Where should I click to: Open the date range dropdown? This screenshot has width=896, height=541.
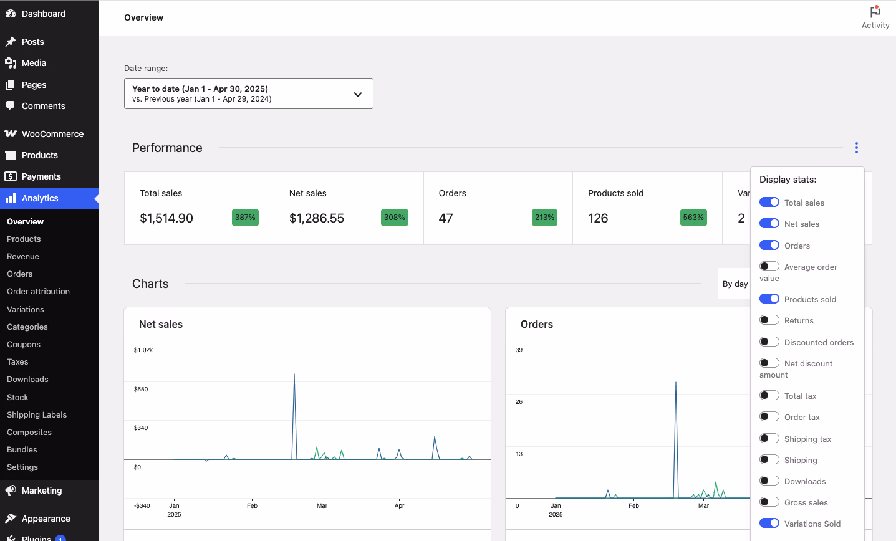pos(248,93)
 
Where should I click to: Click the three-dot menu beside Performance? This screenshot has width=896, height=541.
pos(856,148)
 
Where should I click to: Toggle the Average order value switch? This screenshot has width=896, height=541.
pos(769,267)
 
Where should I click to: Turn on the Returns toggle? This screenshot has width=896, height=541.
pos(769,320)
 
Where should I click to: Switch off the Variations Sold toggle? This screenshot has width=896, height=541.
pos(769,524)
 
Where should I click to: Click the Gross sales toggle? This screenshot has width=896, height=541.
pos(769,502)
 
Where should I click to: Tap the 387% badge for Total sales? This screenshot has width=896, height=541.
pos(245,218)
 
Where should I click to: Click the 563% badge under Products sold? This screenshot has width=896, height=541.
pos(693,218)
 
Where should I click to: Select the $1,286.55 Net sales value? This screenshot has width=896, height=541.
pos(317,218)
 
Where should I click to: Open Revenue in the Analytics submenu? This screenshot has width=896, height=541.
pos(23,256)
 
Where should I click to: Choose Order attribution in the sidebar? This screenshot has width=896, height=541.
pos(38,291)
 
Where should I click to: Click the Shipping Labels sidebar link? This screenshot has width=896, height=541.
pos(37,414)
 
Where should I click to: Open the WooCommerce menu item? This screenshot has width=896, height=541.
pos(52,134)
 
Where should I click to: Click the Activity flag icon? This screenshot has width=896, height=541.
pos(875,12)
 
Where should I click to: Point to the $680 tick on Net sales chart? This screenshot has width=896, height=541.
pos(141,390)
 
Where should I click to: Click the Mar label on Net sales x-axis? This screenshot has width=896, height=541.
pos(322,506)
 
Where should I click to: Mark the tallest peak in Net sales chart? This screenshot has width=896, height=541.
pos(294,375)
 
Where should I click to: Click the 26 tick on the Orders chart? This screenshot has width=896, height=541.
pos(519,402)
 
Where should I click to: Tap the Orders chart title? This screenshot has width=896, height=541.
pos(537,324)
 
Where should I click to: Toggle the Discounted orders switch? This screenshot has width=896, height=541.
pos(769,342)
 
